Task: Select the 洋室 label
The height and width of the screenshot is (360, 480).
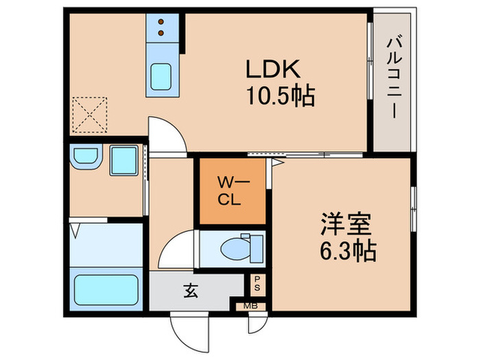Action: tap(347, 225)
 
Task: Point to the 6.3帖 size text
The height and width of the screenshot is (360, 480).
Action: tap(347, 252)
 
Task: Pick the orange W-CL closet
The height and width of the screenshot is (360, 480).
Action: tap(231, 191)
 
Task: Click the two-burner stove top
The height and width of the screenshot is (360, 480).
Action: tap(163, 26)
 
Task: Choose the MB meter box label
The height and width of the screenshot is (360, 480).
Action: tap(253, 305)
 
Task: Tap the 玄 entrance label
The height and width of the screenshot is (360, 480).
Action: tap(190, 290)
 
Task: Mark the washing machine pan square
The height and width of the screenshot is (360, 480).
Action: tap(124, 160)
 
